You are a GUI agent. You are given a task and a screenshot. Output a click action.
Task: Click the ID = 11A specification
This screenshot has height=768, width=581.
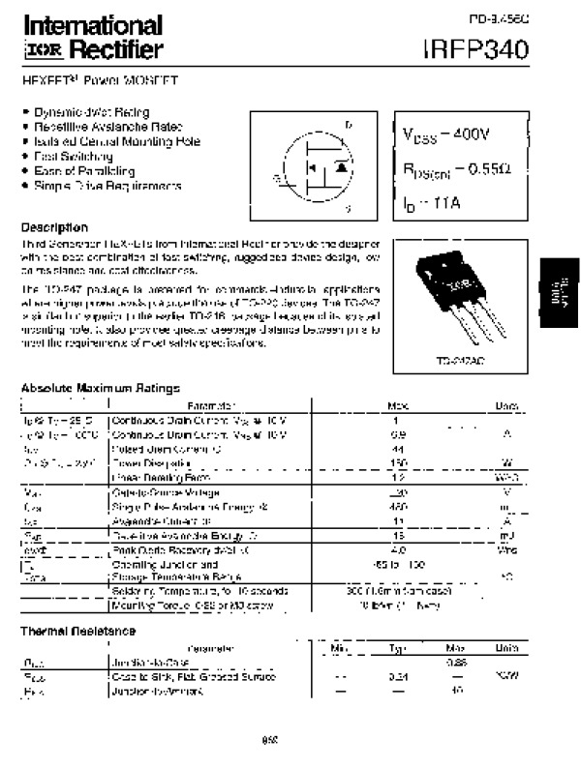(x=425, y=204)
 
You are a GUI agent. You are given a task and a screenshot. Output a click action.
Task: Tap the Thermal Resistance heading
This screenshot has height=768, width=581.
(x=76, y=630)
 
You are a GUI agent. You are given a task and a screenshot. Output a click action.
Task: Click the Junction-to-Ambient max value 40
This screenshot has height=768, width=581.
(x=457, y=693)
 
